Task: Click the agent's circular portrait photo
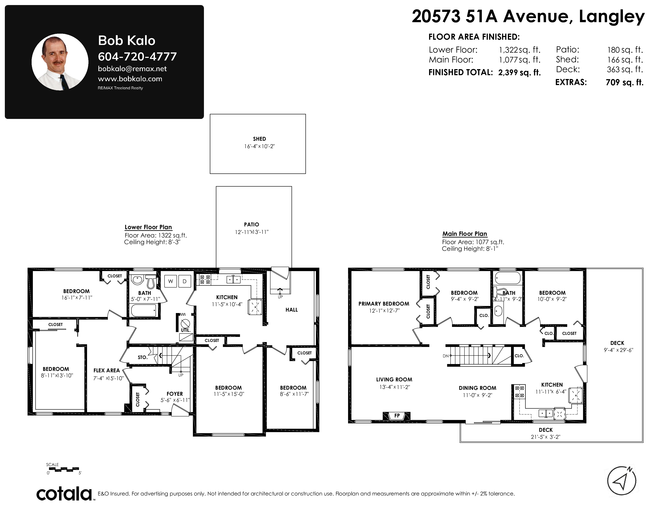60,62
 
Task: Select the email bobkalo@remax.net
132,69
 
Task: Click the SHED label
259,139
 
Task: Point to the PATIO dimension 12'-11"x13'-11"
251,232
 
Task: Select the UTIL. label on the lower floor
185,330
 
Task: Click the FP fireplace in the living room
397,416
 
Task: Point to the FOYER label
175,394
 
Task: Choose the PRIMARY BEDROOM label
384,304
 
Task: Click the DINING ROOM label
477,388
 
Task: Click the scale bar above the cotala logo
64,469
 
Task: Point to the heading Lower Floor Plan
148,227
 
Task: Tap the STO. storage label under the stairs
142,357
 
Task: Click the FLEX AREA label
107,370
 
